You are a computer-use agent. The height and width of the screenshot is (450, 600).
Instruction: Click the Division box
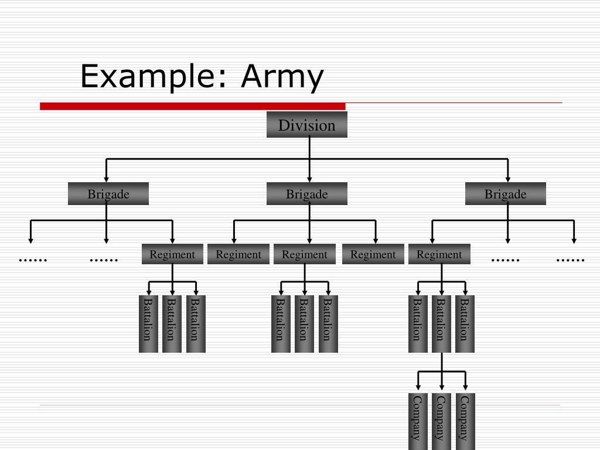(x=306, y=125)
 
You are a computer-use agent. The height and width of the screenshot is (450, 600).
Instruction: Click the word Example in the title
(x=149, y=77)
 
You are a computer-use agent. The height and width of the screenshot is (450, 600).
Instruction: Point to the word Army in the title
(x=282, y=77)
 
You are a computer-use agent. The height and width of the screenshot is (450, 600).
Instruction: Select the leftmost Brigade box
(x=108, y=194)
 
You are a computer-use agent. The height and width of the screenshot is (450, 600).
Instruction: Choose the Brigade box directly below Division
(x=306, y=194)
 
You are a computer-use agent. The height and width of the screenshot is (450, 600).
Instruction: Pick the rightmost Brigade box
(x=505, y=194)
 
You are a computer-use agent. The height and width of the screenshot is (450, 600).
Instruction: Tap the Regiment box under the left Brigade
(x=172, y=254)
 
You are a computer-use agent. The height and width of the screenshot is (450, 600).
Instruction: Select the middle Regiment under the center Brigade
(x=304, y=254)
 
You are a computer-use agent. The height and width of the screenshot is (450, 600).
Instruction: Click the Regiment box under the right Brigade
(x=439, y=254)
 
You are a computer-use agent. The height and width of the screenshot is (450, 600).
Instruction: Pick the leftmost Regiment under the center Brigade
(x=238, y=254)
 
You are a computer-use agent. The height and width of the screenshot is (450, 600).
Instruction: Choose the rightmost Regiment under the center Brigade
(x=373, y=254)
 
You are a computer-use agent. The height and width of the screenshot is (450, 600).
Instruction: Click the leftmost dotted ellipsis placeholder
(x=33, y=259)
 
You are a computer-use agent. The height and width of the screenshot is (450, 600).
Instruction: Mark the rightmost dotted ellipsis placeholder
(x=570, y=259)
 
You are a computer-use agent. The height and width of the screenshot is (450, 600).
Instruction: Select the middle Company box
(x=441, y=421)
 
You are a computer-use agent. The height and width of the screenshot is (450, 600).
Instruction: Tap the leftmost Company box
(x=417, y=421)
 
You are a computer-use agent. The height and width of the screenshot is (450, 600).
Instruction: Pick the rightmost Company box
(x=465, y=421)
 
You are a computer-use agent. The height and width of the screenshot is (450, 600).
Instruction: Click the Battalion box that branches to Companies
(x=441, y=324)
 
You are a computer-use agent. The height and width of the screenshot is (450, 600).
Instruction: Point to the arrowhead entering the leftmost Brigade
(x=106, y=178)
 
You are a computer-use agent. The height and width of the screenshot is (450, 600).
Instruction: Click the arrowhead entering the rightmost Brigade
(x=507, y=178)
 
